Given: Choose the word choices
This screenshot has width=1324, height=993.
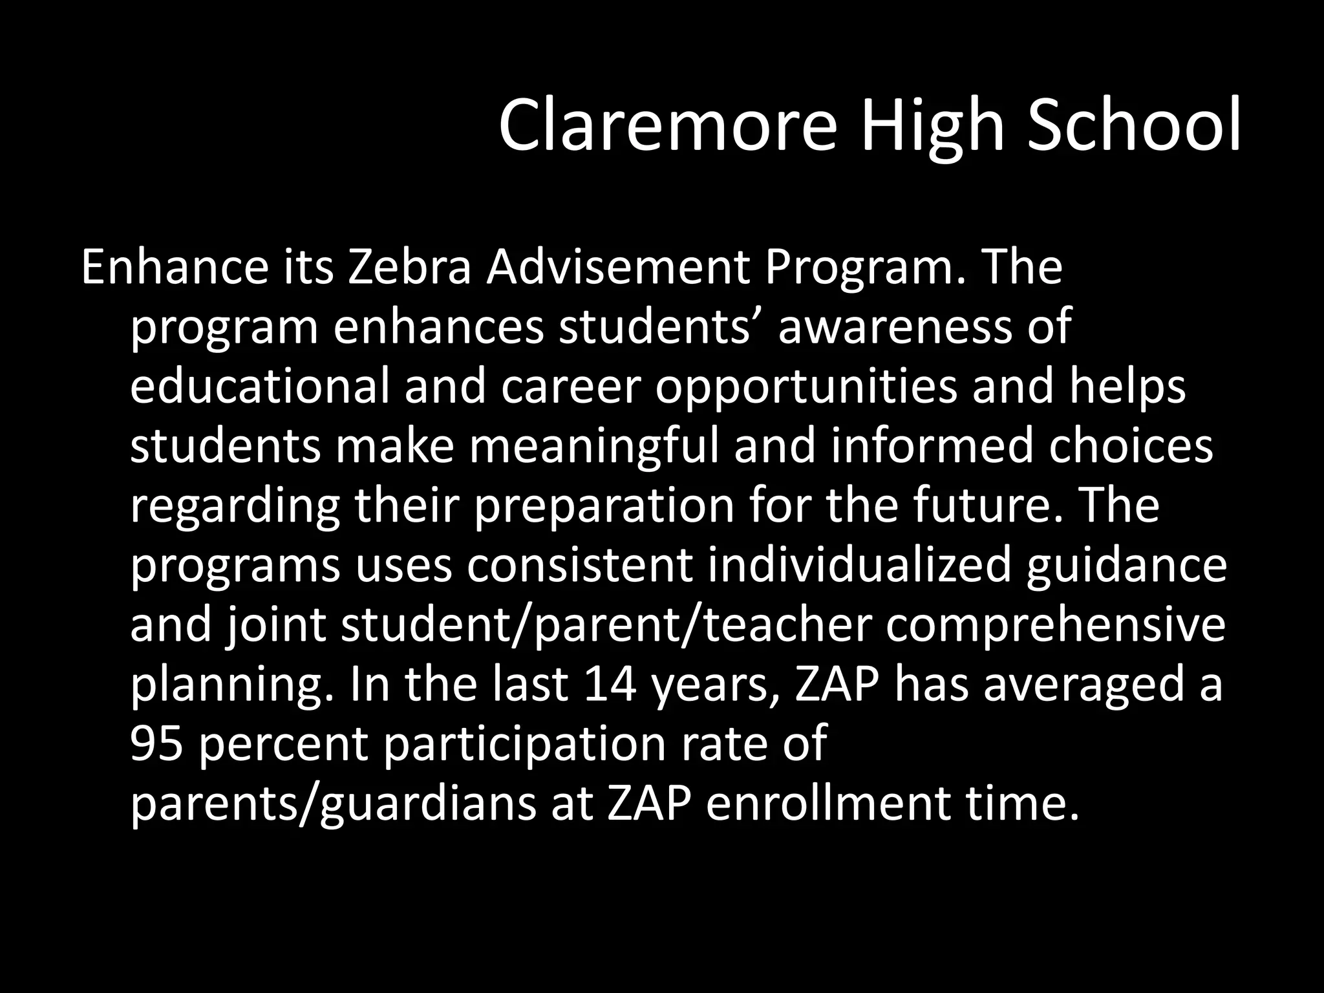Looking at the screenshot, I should coord(1131,445).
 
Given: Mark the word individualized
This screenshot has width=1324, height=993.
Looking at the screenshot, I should coord(859,564).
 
